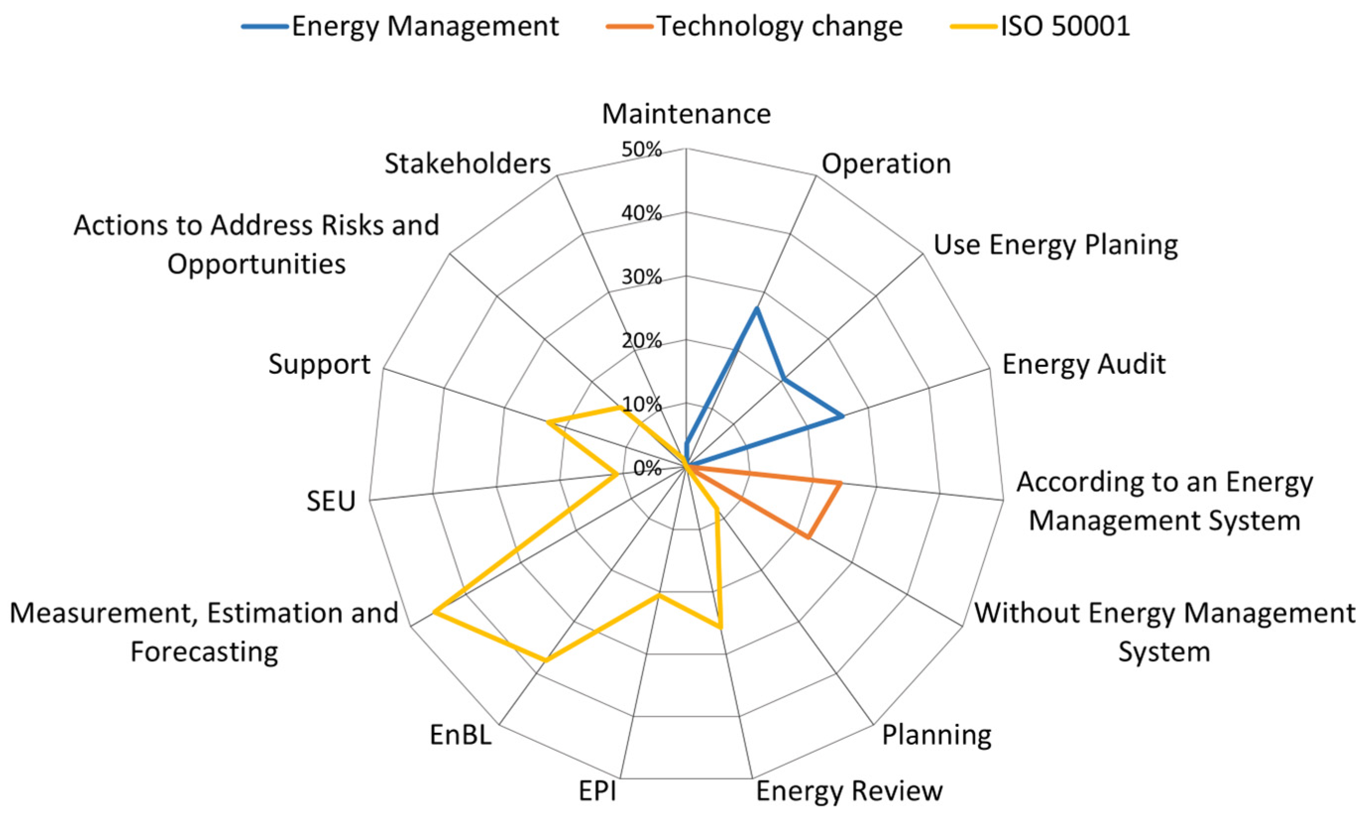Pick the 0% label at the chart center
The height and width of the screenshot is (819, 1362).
647,468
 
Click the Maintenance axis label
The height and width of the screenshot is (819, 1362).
686,114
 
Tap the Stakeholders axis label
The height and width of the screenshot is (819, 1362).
468,164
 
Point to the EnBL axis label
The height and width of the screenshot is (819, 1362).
460,734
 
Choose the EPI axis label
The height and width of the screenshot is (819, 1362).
598,790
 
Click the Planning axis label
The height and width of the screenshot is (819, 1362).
936,734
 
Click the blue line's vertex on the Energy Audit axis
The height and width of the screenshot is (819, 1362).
842,416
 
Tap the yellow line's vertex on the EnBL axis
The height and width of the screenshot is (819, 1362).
545,660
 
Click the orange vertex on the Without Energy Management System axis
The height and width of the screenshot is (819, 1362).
808,537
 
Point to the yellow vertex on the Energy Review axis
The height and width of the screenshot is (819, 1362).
720,627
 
